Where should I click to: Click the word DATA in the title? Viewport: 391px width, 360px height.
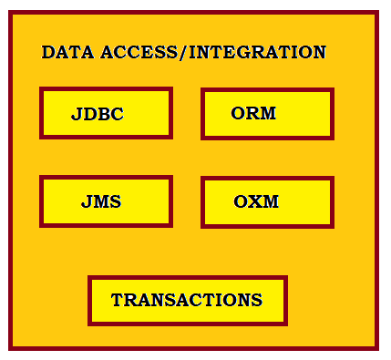tap(67, 52)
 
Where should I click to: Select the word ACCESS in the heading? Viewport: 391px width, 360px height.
tap(139, 52)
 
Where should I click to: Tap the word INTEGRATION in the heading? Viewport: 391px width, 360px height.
tap(258, 52)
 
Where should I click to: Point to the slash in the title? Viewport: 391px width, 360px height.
tap(183, 52)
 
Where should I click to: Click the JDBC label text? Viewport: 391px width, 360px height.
tap(98, 114)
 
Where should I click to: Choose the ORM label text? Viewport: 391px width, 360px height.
tap(253, 113)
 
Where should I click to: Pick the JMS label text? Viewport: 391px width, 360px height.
tap(101, 201)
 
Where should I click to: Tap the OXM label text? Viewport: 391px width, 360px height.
tap(256, 201)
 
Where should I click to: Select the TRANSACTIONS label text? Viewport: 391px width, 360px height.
tap(187, 300)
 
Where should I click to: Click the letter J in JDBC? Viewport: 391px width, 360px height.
tap(77, 115)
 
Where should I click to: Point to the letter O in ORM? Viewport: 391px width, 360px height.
tap(238, 113)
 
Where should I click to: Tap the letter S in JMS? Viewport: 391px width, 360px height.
tap(116, 201)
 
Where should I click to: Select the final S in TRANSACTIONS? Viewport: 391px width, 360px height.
tap(257, 300)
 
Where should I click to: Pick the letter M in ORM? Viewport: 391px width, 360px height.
tap(267, 113)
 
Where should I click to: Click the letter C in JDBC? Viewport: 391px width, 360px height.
tap(118, 114)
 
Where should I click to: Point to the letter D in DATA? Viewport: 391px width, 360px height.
tap(48, 52)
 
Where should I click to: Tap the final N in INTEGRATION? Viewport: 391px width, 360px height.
tap(319, 52)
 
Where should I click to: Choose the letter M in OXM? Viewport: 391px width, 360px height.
tap(270, 201)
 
